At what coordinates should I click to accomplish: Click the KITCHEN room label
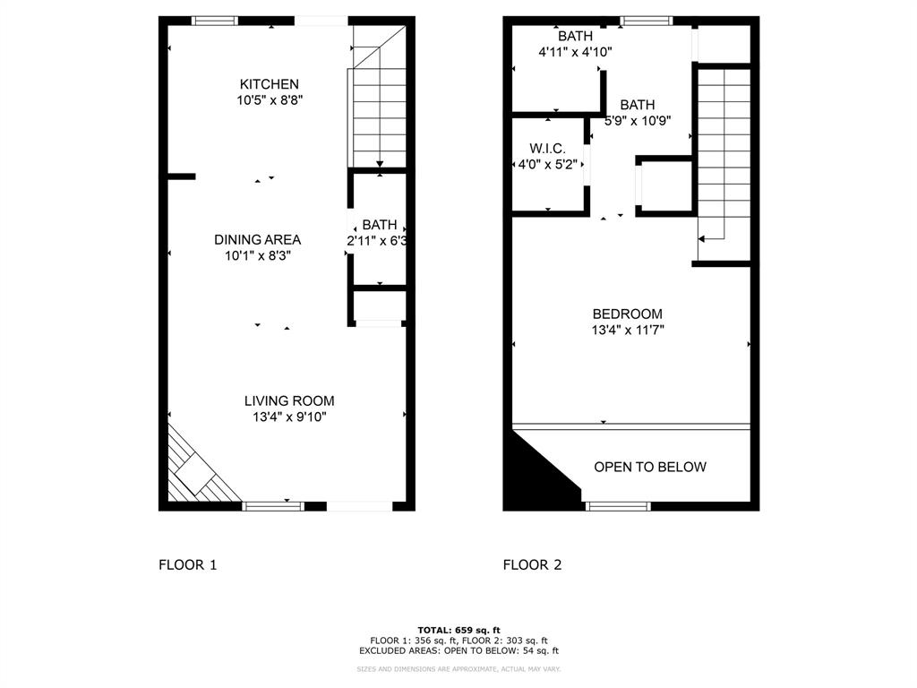coord(269,84)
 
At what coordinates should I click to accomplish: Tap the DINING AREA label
coord(257,239)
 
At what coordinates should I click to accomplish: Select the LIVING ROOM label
coord(289,400)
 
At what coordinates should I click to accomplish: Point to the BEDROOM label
coord(627,314)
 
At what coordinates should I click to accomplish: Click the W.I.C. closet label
coord(547,148)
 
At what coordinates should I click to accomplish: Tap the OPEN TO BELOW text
coord(650,467)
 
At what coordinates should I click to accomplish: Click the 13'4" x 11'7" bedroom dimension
coord(627,330)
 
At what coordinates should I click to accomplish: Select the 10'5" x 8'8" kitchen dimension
coord(270,100)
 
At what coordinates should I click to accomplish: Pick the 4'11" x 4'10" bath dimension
coord(575,52)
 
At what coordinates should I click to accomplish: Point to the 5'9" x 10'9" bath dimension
coord(638,121)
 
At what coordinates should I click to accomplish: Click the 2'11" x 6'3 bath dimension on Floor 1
coord(378,240)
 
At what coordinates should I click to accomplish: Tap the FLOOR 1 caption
coord(187,564)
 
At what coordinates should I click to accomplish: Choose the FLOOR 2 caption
coord(532,564)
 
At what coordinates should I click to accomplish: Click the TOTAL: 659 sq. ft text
coord(458,630)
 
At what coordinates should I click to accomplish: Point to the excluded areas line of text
coord(458,651)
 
